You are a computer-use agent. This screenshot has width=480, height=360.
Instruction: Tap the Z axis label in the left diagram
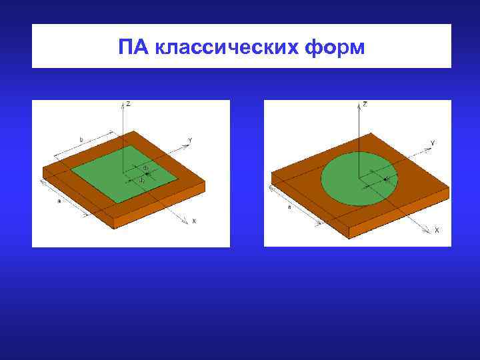(129, 104)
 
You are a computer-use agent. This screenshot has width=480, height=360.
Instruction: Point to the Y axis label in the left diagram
(190, 140)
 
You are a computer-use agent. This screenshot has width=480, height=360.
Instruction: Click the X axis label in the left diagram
(194, 220)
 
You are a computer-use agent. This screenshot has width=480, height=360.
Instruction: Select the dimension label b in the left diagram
(81, 139)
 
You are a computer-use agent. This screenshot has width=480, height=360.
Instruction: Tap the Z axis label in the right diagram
(365, 105)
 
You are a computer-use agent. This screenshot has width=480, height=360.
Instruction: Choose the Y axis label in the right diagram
(433, 143)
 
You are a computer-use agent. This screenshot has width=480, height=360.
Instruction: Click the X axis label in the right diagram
(437, 230)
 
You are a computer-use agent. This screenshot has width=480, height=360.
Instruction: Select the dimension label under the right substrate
(289, 207)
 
